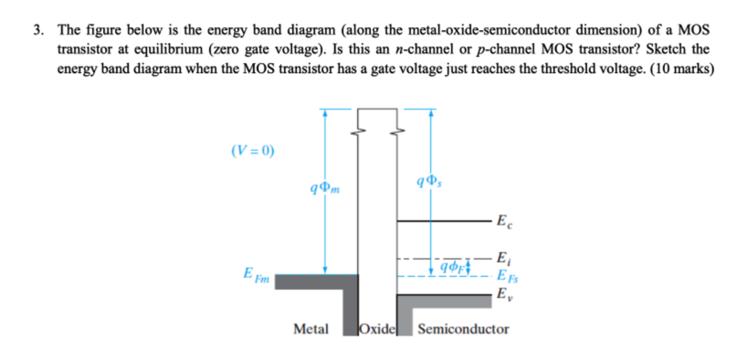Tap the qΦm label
324,189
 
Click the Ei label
501,257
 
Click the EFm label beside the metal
255,274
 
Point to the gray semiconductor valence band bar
447,300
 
